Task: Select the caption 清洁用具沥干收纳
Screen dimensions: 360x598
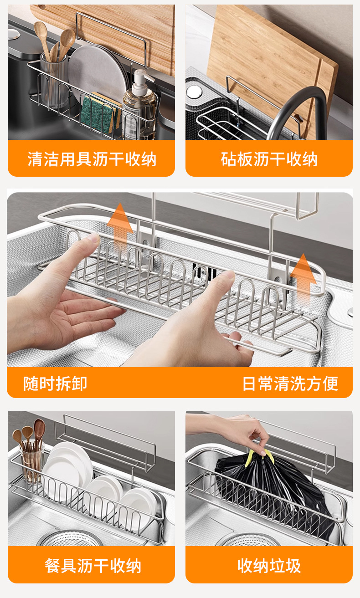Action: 92,159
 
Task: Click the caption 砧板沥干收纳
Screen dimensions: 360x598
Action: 269,159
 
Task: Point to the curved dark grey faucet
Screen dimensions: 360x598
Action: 299,107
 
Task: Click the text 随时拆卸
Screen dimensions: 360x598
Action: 55,383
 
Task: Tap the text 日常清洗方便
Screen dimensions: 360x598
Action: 290,383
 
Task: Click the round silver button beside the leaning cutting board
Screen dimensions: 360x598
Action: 194,92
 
